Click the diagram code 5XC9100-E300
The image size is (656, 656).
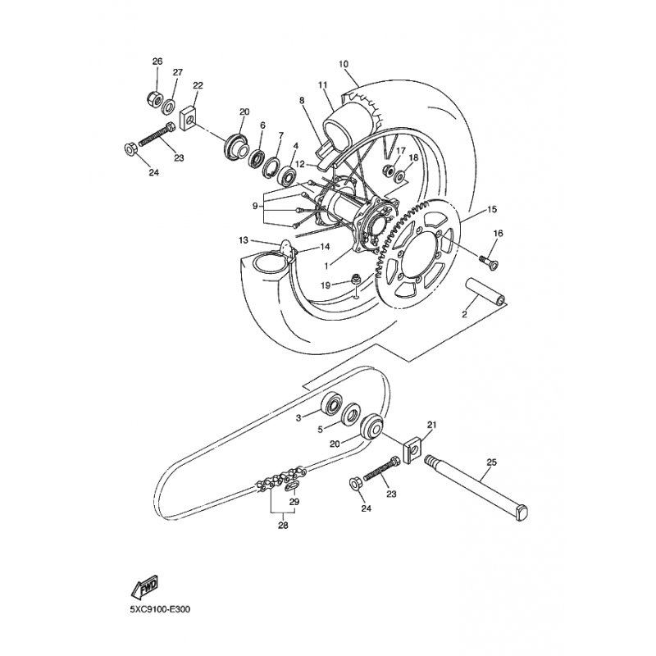click(160, 609)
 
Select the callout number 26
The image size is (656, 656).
click(157, 61)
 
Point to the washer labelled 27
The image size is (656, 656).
click(169, 107)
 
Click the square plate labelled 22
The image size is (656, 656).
click(189, 119)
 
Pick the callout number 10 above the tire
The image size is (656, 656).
click(344, 65)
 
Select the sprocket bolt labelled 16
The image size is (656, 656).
click(489, 262)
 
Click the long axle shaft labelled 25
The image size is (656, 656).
click(476, 488)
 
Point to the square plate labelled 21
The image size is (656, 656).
click(412, 449)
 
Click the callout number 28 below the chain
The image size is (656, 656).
click(283, 525)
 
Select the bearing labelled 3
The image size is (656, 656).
click(332, 403)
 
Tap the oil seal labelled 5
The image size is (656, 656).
click(350, 414)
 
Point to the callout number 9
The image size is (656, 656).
click(256, 206)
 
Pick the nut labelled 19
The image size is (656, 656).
click(357, 277)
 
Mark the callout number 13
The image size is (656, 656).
click(244, 240)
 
